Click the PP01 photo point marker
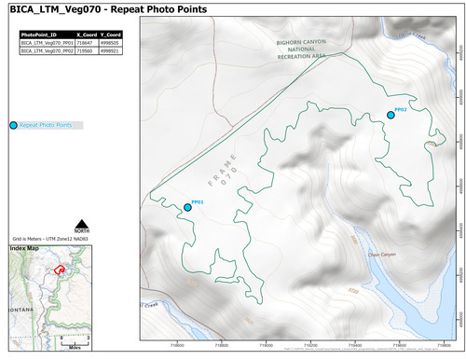tap(187, 207)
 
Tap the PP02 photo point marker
tap(391, 115)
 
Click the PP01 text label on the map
tap(198, 201)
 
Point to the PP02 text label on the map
tap(401, 108)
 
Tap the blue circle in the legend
tap(12, 125)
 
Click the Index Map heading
tap(24, 249)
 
